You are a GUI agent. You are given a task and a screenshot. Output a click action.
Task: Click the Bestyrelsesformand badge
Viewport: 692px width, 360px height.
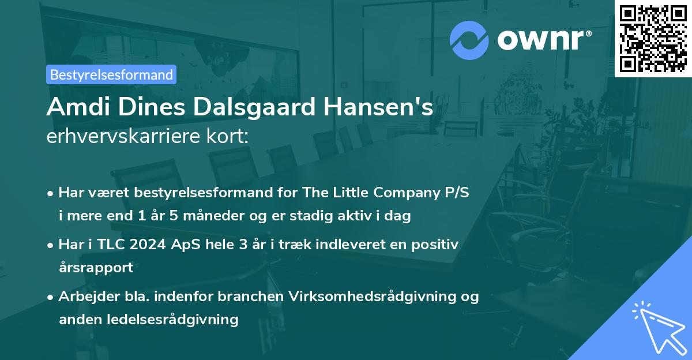tap(111, 74)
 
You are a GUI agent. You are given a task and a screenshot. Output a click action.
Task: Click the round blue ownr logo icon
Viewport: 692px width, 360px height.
tap(469, 40)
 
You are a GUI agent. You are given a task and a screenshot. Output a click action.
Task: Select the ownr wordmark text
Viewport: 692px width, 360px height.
tap(543, 40)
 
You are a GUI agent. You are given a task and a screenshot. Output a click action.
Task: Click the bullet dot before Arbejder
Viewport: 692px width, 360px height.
tap(51, 297)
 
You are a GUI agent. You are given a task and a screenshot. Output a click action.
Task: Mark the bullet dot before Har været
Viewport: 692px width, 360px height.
tap(51, 193)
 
